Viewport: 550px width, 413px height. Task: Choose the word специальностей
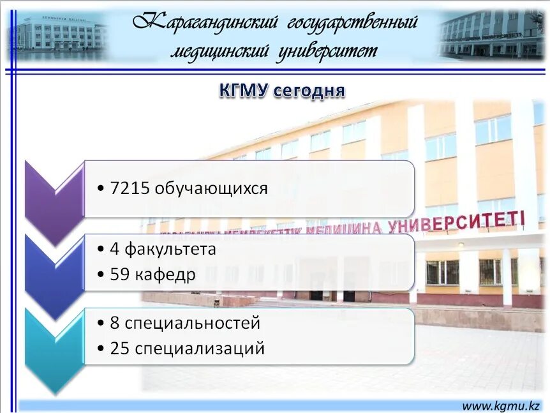192,323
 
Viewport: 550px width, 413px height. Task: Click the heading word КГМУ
243,91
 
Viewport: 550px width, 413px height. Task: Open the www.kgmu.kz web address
500,405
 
